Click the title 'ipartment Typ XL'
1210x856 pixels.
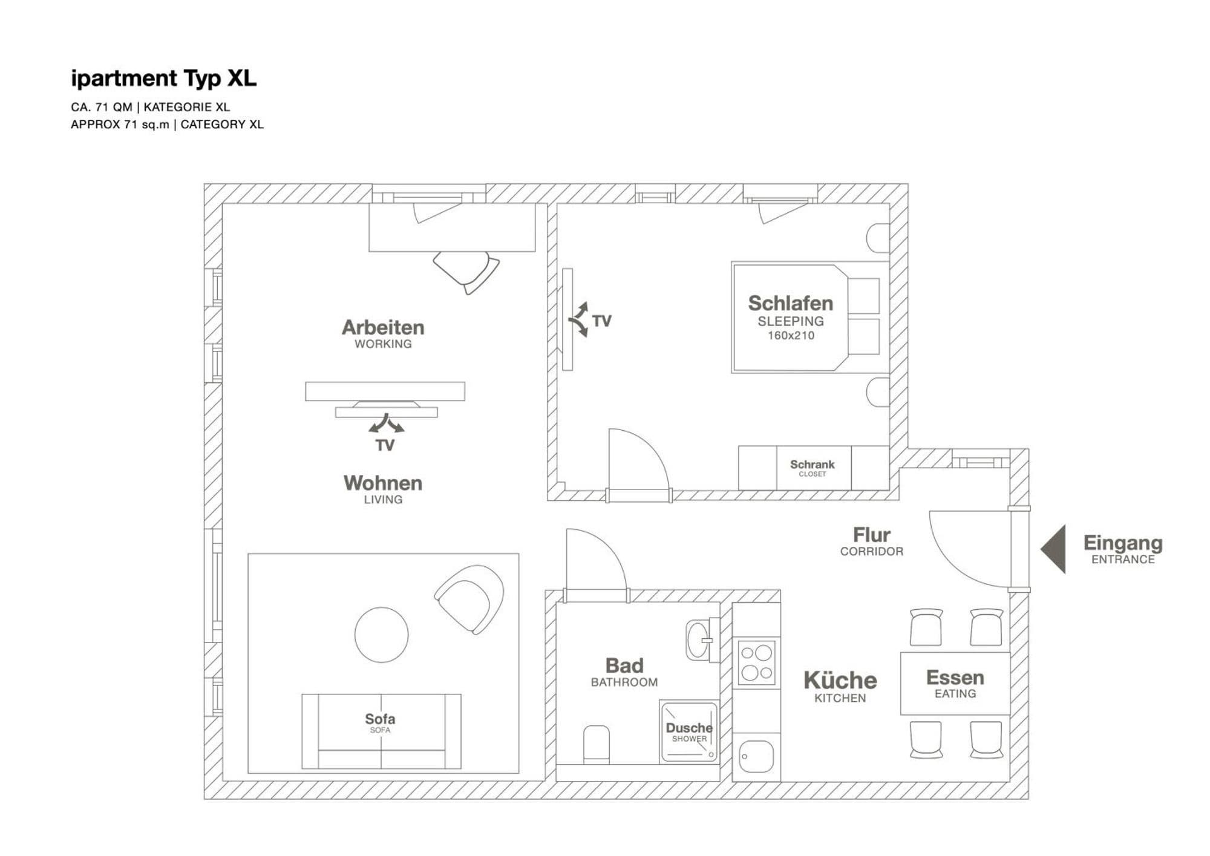[163, 79]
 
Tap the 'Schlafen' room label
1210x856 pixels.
[790, 303]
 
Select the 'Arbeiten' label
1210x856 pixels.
[383, 327]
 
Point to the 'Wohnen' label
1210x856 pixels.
[383, 483]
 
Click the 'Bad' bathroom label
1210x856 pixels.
[624, 665]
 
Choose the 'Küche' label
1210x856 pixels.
[840, 681]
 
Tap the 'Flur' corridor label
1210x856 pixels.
[871, 535]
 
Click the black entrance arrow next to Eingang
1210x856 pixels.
[1053, 549]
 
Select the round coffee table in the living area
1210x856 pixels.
[381, 635]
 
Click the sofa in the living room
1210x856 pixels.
[381, 731]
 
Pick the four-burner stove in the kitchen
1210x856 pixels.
[756, 662]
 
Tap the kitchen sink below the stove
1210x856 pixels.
[756, 757]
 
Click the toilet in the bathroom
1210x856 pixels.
[597, 744]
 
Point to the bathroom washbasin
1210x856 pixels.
[700, 639]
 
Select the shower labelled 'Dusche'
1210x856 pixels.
[689, 731]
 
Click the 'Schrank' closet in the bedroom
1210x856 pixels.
[813, 468]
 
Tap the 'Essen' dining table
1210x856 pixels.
[955, 683]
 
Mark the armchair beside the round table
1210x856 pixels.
[469, 599]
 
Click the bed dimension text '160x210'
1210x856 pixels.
[791, 335]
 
